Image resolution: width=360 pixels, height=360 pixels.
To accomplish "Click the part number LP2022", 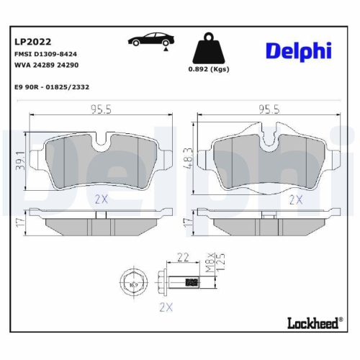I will [31, 42].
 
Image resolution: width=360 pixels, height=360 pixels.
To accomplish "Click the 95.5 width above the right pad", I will [269, 109].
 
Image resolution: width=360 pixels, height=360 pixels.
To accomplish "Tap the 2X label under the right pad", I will [295, 199].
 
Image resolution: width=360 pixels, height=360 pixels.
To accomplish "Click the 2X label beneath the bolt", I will [166, 307].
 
